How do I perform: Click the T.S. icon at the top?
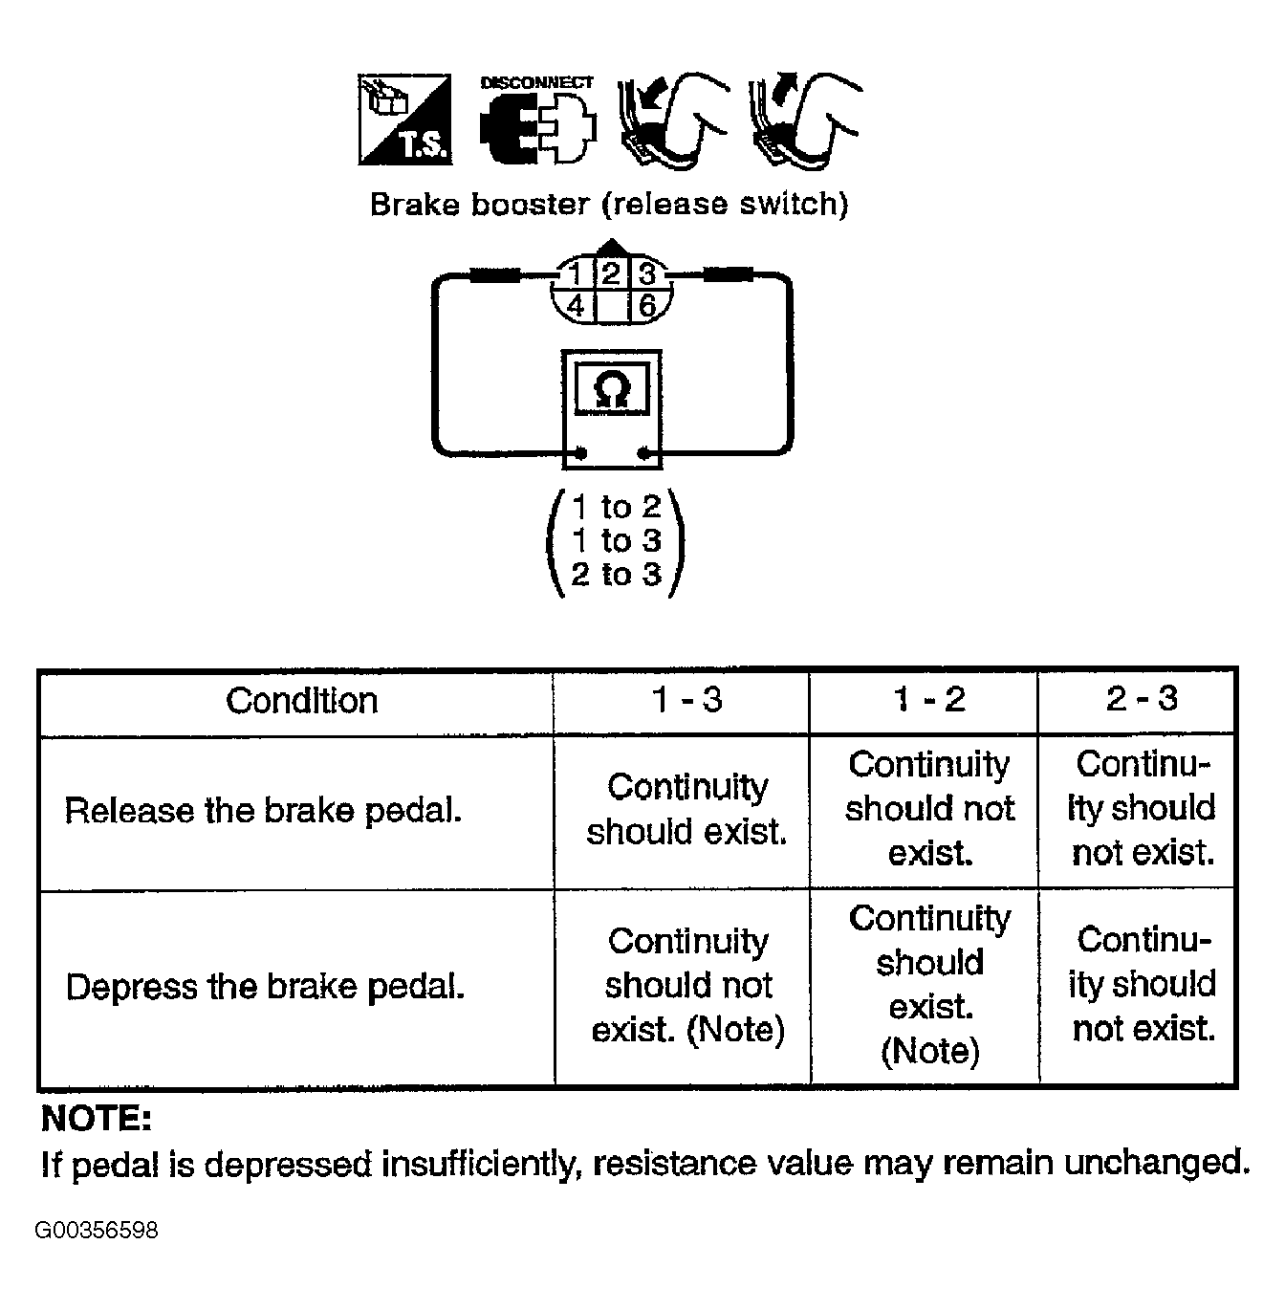[x=404, y=120]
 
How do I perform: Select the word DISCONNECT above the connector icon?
[x=536, y=82]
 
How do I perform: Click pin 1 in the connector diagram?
[x=576, y=274]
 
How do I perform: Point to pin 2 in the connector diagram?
[x=611, y=274]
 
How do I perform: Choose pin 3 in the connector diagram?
[x=646, y=274]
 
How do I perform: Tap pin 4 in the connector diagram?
[x=576, y=306]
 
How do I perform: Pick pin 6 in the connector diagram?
[x=646, y=306]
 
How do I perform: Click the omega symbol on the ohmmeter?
[x=611, y=390]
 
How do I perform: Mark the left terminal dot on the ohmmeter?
[x=580, y=452]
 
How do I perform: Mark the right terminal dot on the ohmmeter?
[x=642, y=452]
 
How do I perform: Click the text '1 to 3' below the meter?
[x=616, y=540]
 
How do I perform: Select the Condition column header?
[x=302, y=700]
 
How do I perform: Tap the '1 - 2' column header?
[x=929, y=699]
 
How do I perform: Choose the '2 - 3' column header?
[x=1143, y=698]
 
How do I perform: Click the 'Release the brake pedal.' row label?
[x=263, y=810]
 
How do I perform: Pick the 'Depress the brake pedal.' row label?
[x=265, y=987]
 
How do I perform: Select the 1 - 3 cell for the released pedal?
[x=687, y=809]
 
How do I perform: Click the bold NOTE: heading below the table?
[x=96, y=1119]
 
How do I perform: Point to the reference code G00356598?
[x=97, y=1230]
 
